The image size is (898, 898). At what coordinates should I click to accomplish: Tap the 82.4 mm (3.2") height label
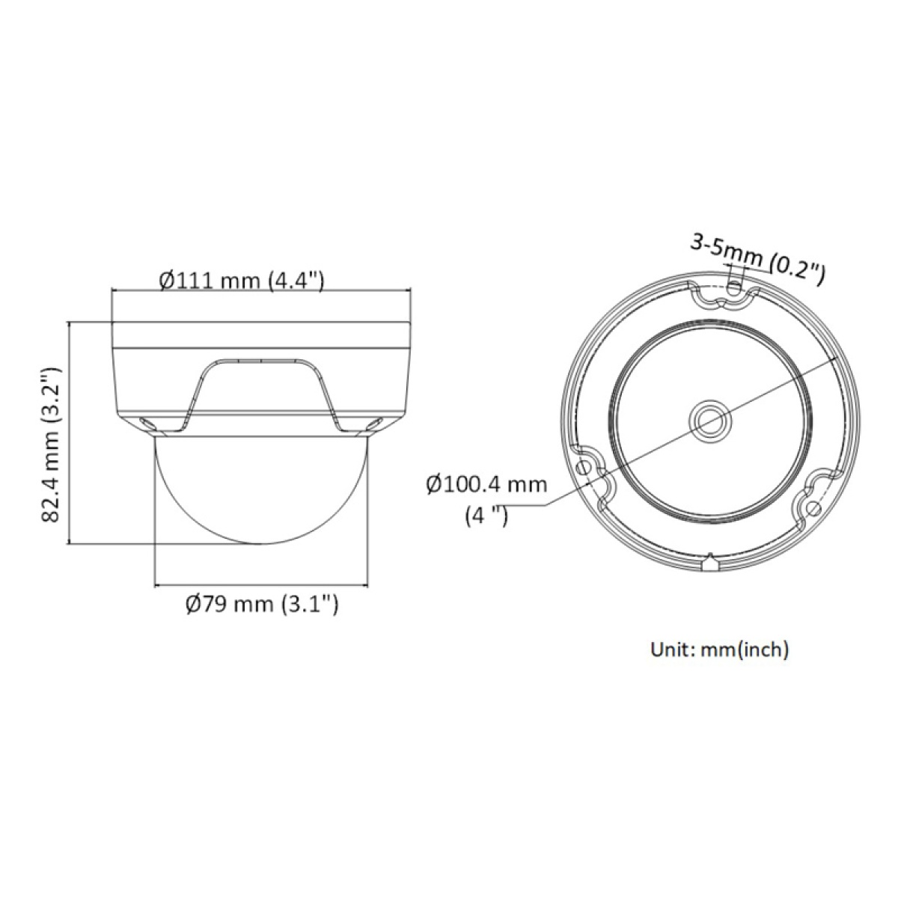(49, 445)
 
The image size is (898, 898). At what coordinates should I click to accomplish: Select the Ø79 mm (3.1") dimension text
(261, 602)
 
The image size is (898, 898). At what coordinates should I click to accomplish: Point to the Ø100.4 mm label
(486, 484)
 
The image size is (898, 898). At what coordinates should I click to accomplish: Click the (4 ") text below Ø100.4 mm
(486, 516)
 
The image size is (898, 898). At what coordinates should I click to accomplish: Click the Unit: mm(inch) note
(719, 649)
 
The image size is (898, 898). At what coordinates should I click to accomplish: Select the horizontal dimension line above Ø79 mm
(261, 584)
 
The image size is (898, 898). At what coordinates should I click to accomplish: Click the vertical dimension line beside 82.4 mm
(69, 434)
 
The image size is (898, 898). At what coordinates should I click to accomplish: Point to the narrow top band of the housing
(261, 335)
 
